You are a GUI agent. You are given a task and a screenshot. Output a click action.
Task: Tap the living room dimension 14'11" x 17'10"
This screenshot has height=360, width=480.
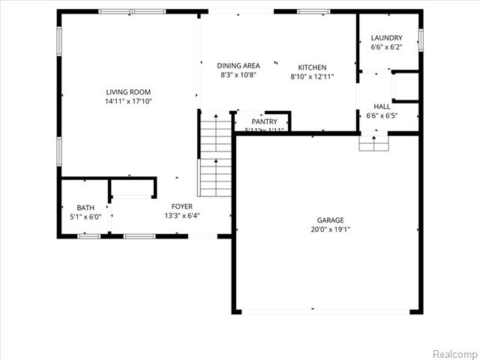[x=129, y=101]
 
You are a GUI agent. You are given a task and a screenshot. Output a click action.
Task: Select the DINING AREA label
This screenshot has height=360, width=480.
[x=238, y=66]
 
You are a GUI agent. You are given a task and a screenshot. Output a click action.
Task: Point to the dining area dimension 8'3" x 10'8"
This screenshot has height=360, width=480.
[x=238, y=75]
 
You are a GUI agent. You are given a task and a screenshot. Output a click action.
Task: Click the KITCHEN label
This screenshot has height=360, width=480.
[x=312, y=67]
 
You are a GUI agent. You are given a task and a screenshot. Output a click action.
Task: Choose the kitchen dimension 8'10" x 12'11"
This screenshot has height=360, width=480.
[x=312, y=76]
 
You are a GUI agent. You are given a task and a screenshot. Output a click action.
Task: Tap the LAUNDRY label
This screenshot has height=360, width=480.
[x=387, y=37]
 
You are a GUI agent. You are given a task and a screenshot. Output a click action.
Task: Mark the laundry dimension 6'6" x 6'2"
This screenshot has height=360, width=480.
[x=387, y=46]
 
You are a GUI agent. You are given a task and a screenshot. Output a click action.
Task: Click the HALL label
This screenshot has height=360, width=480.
[x=382, y=107]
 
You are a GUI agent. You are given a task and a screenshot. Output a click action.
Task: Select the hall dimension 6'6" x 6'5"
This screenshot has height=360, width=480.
[x=382, y=116]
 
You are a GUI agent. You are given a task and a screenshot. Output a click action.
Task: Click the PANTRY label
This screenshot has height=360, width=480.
[x=264, y=121]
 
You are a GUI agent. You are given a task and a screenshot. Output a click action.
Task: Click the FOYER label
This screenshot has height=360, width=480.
[x=182, y=206]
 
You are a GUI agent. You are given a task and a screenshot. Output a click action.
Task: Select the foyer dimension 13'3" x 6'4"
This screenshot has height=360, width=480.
[x=182, y=216]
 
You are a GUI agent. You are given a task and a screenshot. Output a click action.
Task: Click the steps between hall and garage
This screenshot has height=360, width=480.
[x=373, y=142]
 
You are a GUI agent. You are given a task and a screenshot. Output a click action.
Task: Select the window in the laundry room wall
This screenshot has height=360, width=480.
[x=421, y=40]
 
